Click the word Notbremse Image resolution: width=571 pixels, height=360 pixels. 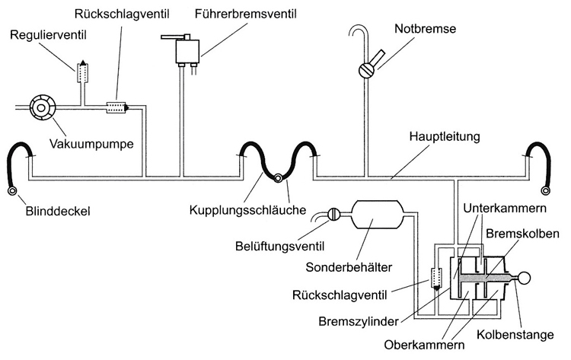pyautogui.click(x=423, y=30)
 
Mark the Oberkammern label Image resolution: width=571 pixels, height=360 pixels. pyautogui.click(x=424, y=343)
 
